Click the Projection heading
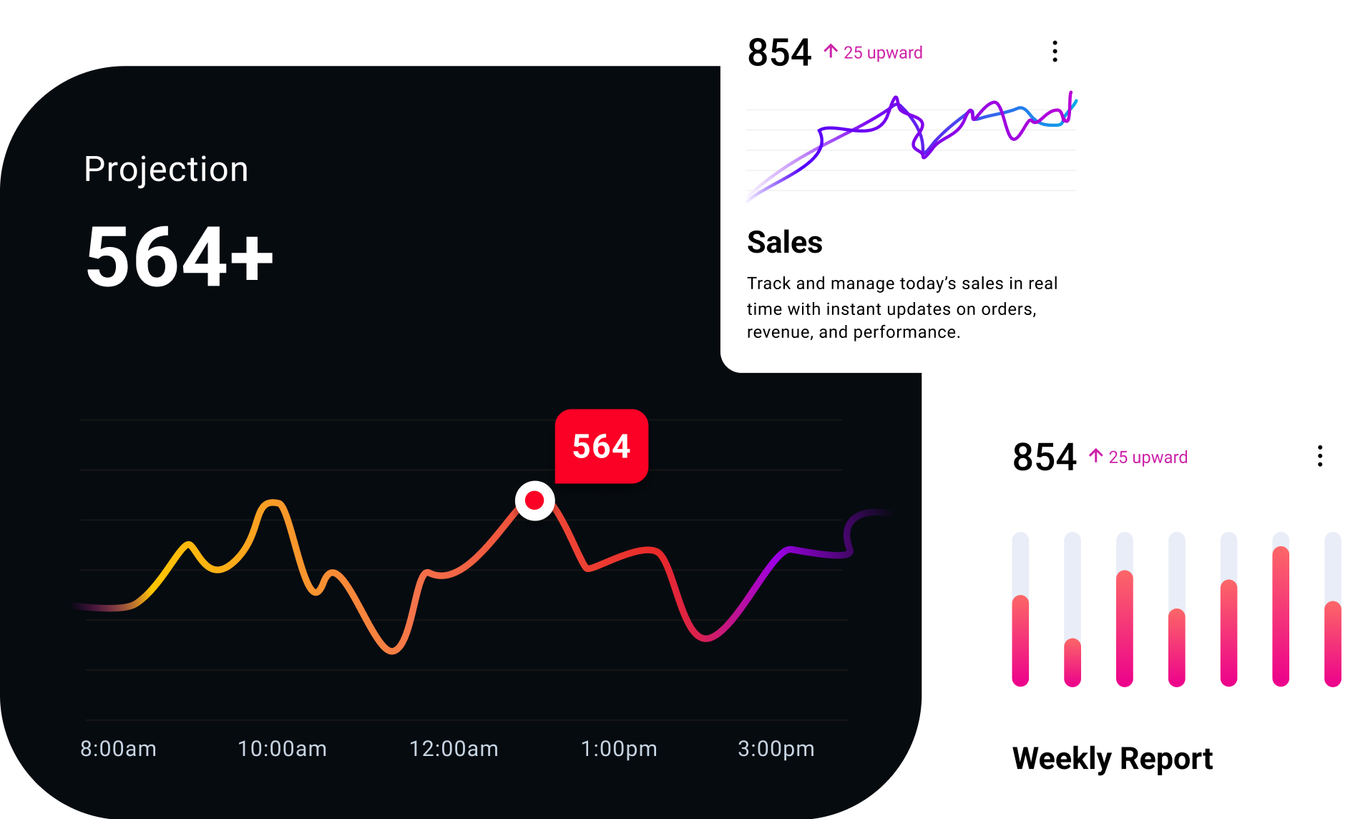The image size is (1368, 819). (x=166, y=170)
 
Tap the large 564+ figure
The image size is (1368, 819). (x=179, y=256)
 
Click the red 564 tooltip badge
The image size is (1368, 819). (x=602, y=446)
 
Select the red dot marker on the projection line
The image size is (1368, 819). (x=534, y=500)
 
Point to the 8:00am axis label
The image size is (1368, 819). (x=118, y=749)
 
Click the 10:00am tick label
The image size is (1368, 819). (x=282, y=749)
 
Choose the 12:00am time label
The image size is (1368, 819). (x=454, y=749)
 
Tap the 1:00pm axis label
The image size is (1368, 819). (x=619, y=749)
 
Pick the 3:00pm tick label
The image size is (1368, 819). (x=776, y=749)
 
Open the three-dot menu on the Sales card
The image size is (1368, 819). (x=1055, y=52)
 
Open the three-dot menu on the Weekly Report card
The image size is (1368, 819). (x=1320, y=456)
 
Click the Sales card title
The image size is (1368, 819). (x=785, y=243)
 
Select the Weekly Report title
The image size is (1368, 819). (x=1113, y=759)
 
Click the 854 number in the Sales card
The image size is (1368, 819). (x=779, y=53)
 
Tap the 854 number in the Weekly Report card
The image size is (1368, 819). (x=1045, y=457)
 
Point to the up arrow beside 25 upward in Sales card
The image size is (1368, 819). (x=831, y=52)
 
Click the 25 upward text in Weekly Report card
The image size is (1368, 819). (x=1148, y=457)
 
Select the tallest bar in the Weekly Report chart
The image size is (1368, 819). (x=1281, y=616)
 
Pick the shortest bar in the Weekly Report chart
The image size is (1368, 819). (x=1073, y=662)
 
